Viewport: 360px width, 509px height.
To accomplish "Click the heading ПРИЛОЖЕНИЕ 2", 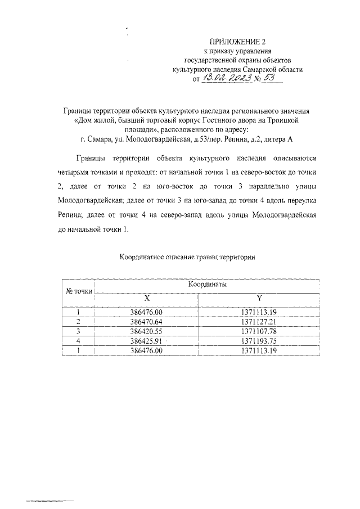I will click(236, 42).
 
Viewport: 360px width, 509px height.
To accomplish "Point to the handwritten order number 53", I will click(273, 79).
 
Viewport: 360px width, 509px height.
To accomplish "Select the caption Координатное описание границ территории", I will click(188, 258).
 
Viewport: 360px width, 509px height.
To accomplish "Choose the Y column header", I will click(259, 298).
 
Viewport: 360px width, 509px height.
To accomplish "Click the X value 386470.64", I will click(146, 321).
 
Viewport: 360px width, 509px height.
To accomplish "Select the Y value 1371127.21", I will click(260, 321).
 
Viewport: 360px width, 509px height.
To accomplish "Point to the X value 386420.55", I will click(146, 331).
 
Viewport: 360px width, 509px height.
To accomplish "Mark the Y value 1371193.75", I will click(260, 340).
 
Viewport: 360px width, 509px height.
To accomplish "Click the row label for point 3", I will click(79, 331).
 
